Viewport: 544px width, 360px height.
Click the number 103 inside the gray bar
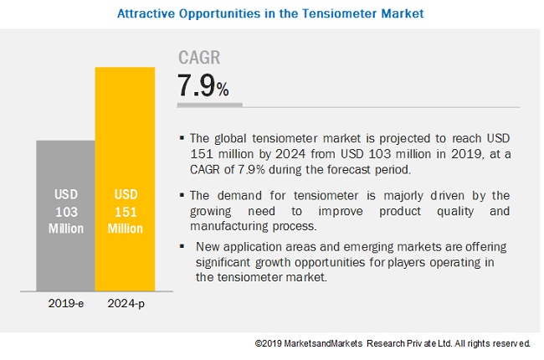[65, 212]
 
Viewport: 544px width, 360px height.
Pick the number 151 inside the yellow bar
[125, 212]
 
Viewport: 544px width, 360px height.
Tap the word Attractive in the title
[144, 13]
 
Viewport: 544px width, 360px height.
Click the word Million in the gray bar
[65, 228]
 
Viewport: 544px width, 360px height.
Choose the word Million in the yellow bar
[125, 228]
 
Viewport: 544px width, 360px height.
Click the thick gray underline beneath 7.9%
[209, 105]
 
